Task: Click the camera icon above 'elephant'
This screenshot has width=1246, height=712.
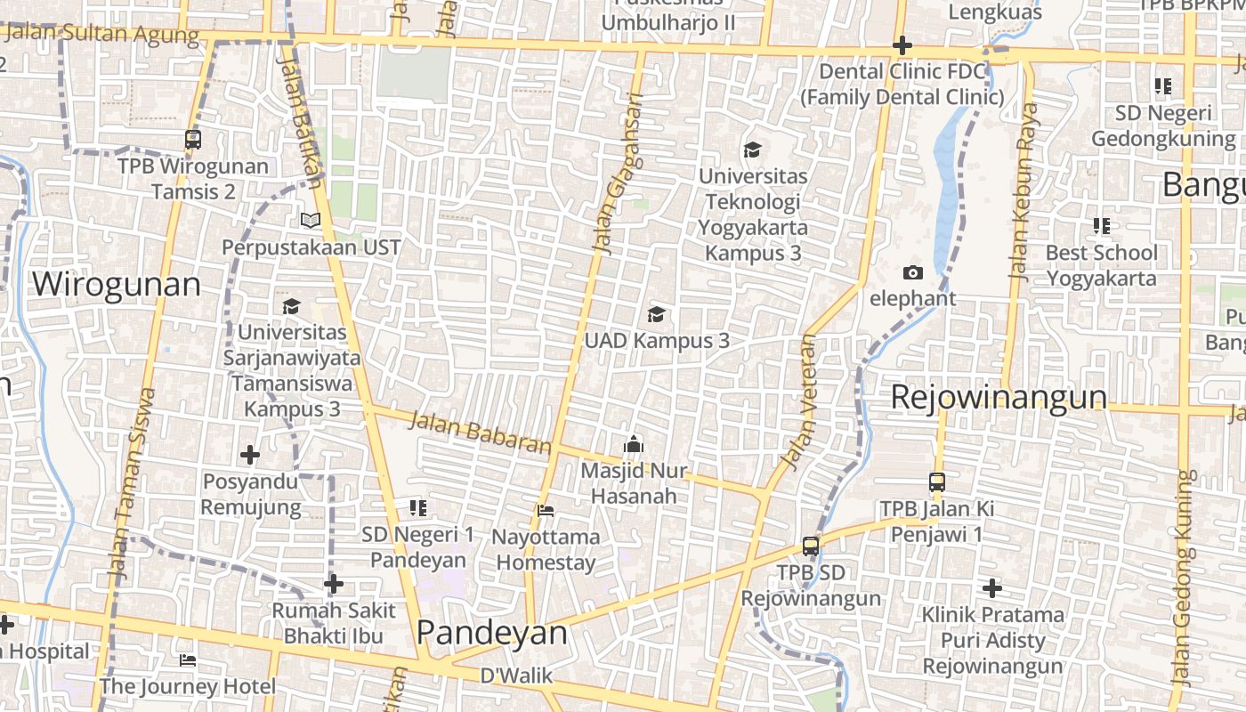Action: pos(912,273)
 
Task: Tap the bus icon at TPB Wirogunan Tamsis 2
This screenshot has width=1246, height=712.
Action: pos(193,140)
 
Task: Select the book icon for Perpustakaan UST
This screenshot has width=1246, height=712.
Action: pos(310,220)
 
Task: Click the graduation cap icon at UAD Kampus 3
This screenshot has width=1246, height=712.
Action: pos(656,314)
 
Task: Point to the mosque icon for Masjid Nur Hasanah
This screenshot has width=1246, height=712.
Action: pos(633,443)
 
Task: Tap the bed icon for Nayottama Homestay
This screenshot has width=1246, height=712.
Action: pos(546,511)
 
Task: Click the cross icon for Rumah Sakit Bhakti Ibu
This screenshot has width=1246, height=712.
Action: pos(334,584)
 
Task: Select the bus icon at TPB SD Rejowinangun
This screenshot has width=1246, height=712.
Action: pos(810,546)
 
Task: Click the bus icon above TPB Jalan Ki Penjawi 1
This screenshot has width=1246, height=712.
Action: pos(936,482)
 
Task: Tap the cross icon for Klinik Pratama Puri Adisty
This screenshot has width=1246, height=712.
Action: pos(992,587)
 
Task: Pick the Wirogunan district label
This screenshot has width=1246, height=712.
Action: pos(117,285)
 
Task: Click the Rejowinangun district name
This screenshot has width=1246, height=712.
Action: pos(999,397)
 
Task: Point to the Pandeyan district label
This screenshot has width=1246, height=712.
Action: pos(491,633)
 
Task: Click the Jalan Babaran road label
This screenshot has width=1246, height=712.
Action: pos(480,433)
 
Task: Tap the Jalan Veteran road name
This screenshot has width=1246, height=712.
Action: pos(797,401)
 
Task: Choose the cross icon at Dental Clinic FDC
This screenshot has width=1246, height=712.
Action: pos(902,45)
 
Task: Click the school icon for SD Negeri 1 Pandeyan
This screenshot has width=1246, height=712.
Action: pos(418,508)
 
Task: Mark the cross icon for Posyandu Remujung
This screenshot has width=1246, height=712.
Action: pos(250,456)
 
